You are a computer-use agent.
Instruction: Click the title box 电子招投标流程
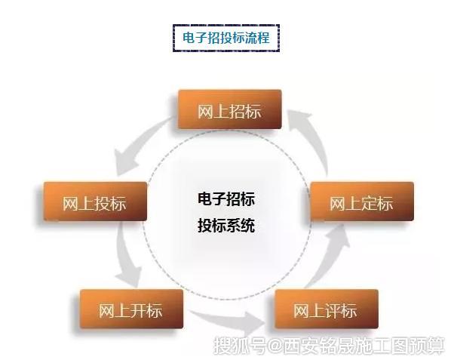coord(226,38)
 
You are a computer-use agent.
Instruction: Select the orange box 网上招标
coord(229,109)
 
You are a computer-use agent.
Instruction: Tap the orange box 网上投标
coord(95,202)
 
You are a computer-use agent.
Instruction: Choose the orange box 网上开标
coord(131,309)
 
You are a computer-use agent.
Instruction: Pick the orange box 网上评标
coord(326,309)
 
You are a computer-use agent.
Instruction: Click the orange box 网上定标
coord(362,202)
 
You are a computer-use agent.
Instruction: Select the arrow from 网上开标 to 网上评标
coord(227,318)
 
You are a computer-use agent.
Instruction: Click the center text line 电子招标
coord(226,198)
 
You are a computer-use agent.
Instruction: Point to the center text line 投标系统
coord(226,226)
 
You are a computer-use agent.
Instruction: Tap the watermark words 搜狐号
coord(240,346)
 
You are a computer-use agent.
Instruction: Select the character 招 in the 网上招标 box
coord(238,111)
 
